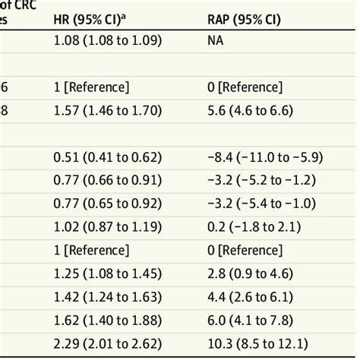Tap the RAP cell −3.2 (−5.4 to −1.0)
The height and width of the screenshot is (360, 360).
pos(261,204)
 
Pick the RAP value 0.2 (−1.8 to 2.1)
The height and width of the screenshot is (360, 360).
pos(254,227)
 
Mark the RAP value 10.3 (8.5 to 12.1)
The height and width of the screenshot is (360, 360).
pos(254,344)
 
